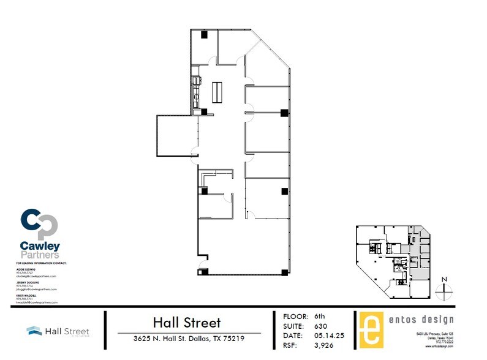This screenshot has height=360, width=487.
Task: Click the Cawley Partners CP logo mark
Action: tap(40, 225)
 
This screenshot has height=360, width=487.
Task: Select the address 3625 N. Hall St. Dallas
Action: tap(189, 339)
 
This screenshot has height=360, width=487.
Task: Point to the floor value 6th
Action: tap(319, 317)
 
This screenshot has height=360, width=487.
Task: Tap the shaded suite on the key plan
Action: tap(419, 251)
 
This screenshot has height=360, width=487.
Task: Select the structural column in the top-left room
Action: tap(205, 35)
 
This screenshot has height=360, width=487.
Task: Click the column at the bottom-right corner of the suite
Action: tap(284, 271)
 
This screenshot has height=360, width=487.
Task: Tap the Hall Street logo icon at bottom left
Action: tap(34, 331)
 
